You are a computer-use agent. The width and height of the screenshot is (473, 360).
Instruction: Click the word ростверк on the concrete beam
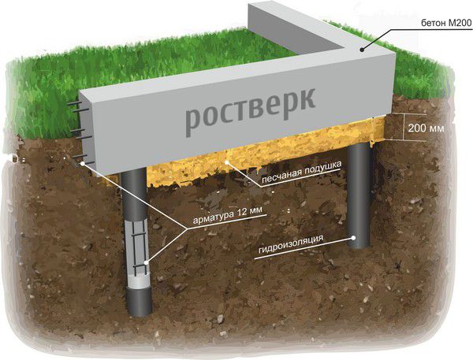tap(250, 111)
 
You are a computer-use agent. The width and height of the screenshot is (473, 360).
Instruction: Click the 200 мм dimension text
tap(426, 128)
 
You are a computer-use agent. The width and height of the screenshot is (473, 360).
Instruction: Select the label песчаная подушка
tap(302, 172)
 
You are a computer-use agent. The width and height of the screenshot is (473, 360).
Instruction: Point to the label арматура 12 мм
tap(228, 215)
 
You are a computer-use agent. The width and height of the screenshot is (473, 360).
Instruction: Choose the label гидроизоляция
tap(291, 244)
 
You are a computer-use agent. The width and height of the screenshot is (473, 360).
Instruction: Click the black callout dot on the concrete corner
tap(362, 50)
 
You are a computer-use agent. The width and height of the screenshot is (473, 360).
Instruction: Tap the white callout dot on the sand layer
tap(227, 162)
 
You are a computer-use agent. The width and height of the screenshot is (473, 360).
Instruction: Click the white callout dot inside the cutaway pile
tap(147, 262)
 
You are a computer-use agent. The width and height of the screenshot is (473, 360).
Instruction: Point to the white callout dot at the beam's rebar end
tap(82, 164)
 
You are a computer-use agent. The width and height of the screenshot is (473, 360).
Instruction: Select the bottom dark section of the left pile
tap(139, 301)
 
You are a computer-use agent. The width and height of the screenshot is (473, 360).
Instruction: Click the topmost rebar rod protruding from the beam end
tap(75, 103)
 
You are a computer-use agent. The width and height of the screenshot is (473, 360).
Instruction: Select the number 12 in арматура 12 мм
tap(241, 212)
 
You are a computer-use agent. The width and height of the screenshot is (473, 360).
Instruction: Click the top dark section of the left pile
tap(134, 193)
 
